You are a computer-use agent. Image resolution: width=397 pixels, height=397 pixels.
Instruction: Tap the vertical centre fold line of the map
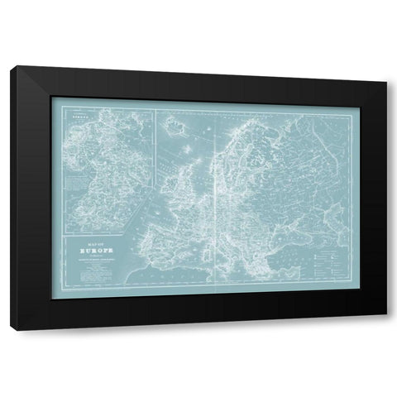point(217,198)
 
